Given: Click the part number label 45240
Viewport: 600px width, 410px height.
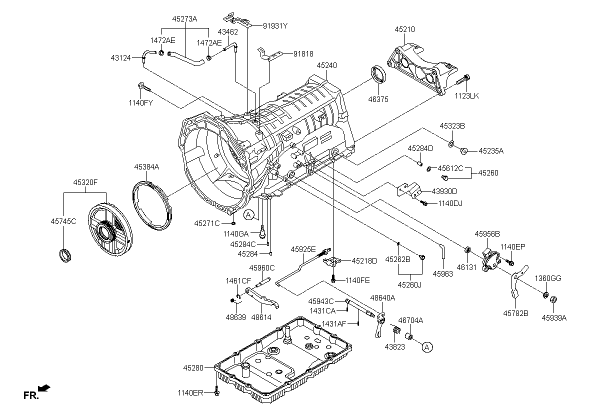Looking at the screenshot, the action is [326, 65].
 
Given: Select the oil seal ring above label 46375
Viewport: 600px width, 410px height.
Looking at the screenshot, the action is [378, 74].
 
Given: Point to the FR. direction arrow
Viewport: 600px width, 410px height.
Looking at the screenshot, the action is [44, 388].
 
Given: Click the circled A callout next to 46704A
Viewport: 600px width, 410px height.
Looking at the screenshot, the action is [427, 347].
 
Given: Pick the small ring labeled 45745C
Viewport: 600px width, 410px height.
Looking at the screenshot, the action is [65, 255].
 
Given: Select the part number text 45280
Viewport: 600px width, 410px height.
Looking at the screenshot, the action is [193, 367].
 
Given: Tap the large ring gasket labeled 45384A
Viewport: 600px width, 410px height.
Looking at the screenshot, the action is [152, 205].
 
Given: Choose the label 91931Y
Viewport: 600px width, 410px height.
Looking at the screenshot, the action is [275, 26].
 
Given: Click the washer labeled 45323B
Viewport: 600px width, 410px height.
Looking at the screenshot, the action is [451, 144].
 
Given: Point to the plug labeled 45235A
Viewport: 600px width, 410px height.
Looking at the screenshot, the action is [463, 151].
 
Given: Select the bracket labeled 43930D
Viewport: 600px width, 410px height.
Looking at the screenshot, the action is [409, 190].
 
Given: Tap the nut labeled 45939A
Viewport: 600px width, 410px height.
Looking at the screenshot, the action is [553, 299].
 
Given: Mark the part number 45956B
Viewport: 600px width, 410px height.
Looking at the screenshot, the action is [487, 234].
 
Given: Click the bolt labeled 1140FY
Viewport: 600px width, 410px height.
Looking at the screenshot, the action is [144, 87].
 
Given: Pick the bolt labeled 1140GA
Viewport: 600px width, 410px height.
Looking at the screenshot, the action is [262, 232].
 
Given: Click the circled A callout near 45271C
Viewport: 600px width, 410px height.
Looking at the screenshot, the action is [248, 215].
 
